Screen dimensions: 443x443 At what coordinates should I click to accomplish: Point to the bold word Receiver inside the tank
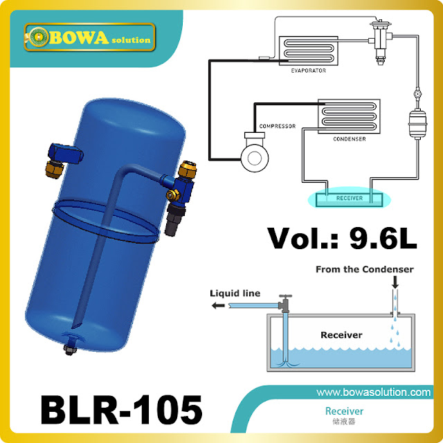[341, 334]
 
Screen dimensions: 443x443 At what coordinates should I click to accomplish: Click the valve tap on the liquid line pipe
[284, 302]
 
